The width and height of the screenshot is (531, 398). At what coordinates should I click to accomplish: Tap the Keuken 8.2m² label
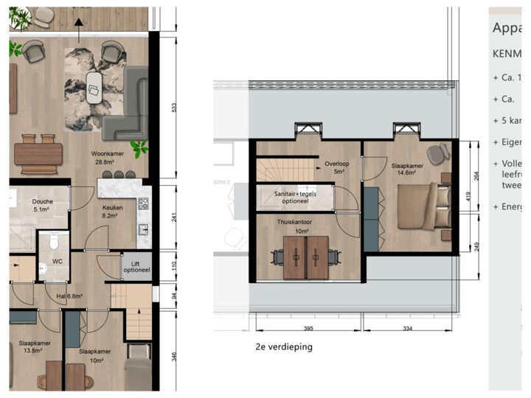pyautogui.click(x=112, y=212)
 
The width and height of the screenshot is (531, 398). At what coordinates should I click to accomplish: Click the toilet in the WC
pyautogui.click(x=52, y=242)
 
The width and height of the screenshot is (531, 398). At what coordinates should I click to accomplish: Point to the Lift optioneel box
pyautogui.click(x=136, y=263)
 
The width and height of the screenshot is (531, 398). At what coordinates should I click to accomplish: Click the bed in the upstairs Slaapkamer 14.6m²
pyautogui.click(x=423, y=208)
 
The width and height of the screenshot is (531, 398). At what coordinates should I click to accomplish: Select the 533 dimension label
pyautogui.click(x=173, y=107)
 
